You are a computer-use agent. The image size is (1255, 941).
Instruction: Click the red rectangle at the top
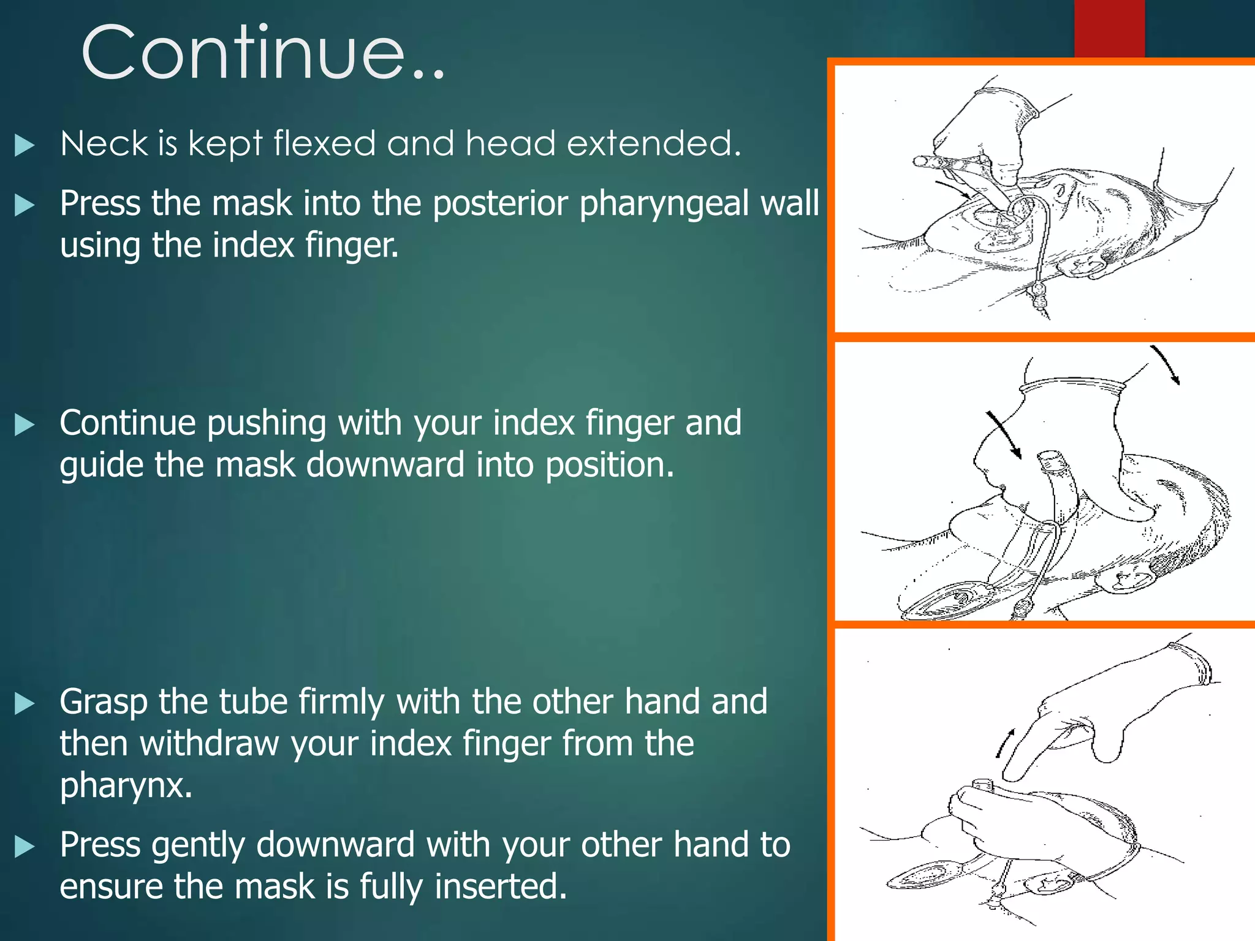[1109, 28]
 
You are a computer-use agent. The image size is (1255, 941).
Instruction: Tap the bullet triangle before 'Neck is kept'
[24, 146]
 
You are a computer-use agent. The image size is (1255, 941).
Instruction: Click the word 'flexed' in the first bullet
[324, 143]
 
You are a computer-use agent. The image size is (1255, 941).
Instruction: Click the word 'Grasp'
[104, 702]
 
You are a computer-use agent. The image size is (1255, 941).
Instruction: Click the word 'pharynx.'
[126, 785]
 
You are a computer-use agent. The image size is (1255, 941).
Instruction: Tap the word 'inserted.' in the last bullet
[501, 886]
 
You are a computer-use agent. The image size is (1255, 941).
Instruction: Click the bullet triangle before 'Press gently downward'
[24, 847]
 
